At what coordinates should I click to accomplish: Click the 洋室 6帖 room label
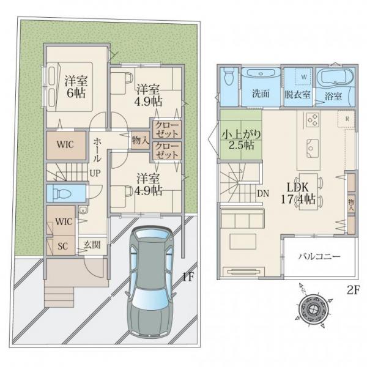[x=76, y=87]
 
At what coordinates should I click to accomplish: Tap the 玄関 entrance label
[x=92, y=245]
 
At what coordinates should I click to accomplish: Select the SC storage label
[x=63, y=246]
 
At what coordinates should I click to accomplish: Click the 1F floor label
[x=188, y=277]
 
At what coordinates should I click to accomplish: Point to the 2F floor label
[x=353, y=290]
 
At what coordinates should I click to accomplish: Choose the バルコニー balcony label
[x=319, y=257]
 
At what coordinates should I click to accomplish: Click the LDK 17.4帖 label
[x=298, y=194]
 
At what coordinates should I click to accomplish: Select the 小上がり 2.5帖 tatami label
[x=242, y=140]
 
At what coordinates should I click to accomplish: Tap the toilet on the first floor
[x=62, y=193]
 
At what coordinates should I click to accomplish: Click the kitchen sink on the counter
[x=313, y=149]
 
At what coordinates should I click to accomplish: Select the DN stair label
[x=263, y=193]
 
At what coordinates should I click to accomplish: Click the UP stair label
[x=95, y=173]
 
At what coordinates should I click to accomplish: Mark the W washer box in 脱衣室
[x=304, y=76]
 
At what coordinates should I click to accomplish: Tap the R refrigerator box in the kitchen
[x=347, y=119]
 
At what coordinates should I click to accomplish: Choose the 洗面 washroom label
[x=261, y=94]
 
